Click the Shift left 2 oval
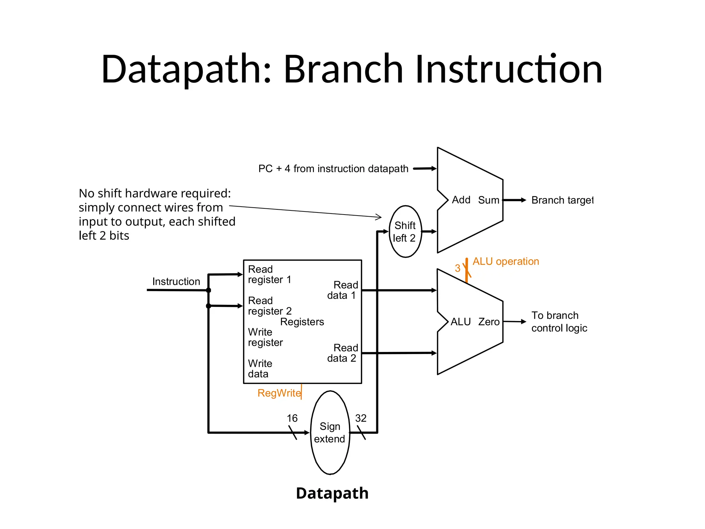[405, 231]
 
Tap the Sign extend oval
[330, 433]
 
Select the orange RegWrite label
[279, 393]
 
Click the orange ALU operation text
[505, 261]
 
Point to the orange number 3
[457, 268]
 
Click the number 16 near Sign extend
[292, 418]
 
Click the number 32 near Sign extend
[361, 418]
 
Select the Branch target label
[562, 200]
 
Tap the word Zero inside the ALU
[488, 322]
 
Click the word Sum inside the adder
[488, 200]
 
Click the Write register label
[265, 337]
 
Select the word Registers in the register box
[302, 322]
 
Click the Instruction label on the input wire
[176, 281]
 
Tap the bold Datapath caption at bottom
[332, 493]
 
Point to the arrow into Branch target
[515, 200]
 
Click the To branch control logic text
[559, 322]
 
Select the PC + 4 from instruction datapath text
[333, 169]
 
